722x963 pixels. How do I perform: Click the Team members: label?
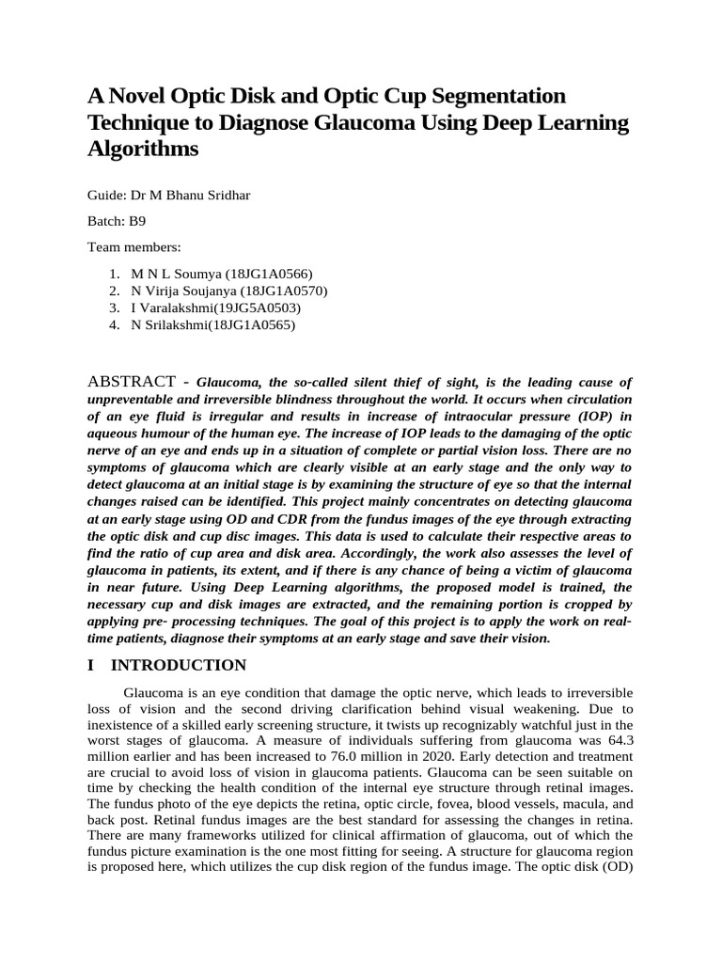[133, 246]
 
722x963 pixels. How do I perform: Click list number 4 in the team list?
[113, 325]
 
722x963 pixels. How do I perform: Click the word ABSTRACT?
[131, 382]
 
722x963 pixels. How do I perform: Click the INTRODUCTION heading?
[179, 666]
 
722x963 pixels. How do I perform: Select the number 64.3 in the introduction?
[617, 742]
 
